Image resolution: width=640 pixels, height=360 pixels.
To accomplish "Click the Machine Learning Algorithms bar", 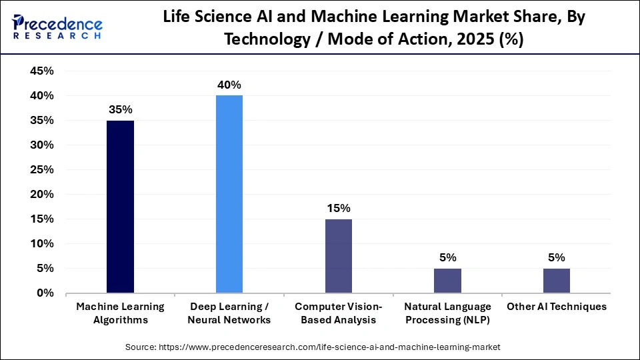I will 120,207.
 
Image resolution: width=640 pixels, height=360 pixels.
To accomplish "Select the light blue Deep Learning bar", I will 229,194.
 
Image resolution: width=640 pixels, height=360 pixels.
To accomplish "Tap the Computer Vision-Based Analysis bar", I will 339,256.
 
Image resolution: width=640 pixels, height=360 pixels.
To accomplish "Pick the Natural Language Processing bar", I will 447,281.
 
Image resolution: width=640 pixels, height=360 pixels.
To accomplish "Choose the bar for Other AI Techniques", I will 557,281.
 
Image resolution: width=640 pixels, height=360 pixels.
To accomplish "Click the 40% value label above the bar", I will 229,85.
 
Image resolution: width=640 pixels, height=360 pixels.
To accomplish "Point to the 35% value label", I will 120,109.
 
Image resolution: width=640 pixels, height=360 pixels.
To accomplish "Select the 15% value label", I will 339,208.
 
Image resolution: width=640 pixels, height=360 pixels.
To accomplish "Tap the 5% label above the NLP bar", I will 447,257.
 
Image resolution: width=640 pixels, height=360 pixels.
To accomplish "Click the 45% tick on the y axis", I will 41,71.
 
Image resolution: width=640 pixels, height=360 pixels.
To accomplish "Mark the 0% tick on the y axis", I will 45,293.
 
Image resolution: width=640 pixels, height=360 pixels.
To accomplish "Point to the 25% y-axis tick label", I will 41,170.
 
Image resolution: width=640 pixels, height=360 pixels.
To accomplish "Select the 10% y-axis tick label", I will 41,244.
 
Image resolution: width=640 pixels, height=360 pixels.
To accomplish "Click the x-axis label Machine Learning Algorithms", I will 120,313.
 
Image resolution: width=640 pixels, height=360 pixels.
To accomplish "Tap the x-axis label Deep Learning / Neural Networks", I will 229,313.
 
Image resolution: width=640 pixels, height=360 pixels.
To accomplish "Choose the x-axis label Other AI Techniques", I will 557,307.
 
